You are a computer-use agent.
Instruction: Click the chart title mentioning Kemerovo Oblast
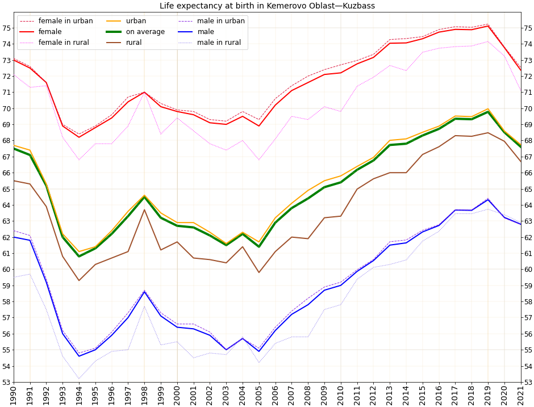click(x=267, y=6)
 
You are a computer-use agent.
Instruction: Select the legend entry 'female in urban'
click(x=65, y=21)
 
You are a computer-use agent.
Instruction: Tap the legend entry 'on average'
click(x=145, y=32)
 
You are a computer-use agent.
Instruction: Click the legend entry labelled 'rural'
click(x=133, y=43)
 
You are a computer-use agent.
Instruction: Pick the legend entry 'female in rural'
click(x=64, y=43)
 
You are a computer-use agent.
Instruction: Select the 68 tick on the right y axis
click(x=528, y=141)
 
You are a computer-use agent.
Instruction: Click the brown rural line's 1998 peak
click(x=144, y=209)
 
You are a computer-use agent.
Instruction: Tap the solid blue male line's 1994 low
click(x=79, y=356)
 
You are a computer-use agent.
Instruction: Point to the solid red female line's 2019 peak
click(x=488, y=26)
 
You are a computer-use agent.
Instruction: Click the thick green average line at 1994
click(x=79, y=257)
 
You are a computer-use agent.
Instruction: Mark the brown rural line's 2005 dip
click(x=259, y=272)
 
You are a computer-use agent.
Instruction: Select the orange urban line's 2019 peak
click(x=488, y=108)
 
